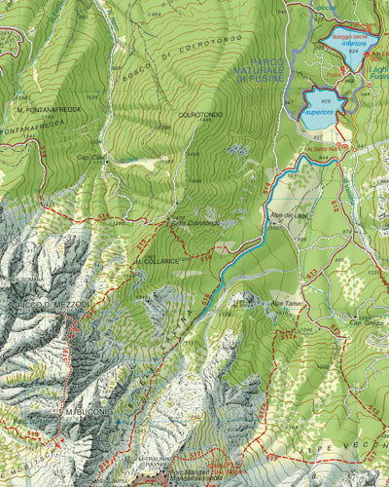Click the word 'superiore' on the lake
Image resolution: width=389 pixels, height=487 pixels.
[x=319, y=113]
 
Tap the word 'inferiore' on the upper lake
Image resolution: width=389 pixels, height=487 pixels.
[x=347, y=44]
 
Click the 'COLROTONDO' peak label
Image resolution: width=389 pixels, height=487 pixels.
[x=200, y=115]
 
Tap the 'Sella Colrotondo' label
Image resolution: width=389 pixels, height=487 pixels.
[x=195, y=223]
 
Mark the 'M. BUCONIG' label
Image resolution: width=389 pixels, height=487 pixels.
[x=88, y=413]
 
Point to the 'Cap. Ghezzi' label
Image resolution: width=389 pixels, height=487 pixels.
[x=366, y=322]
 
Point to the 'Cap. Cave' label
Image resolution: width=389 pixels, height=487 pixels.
[x=90, y=157]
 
